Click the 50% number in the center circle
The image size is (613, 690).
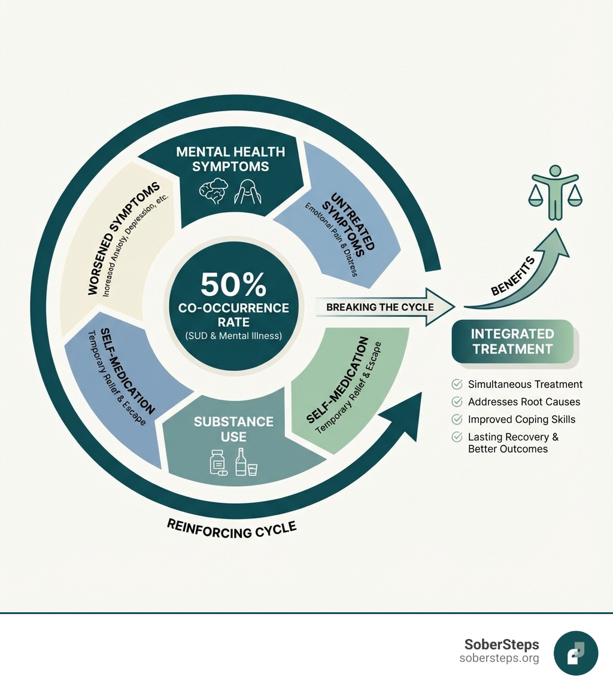point(233,285)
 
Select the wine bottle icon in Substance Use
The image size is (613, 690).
point(241,461)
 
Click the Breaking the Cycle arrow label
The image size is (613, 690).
point(380,307)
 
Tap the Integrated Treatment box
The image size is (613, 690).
point(512,341)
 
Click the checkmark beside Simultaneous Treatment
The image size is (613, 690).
point(457,384)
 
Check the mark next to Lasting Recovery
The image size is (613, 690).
point(457,437)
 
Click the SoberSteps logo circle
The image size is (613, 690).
point(576,653)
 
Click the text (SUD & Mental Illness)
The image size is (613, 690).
point(233,335)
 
